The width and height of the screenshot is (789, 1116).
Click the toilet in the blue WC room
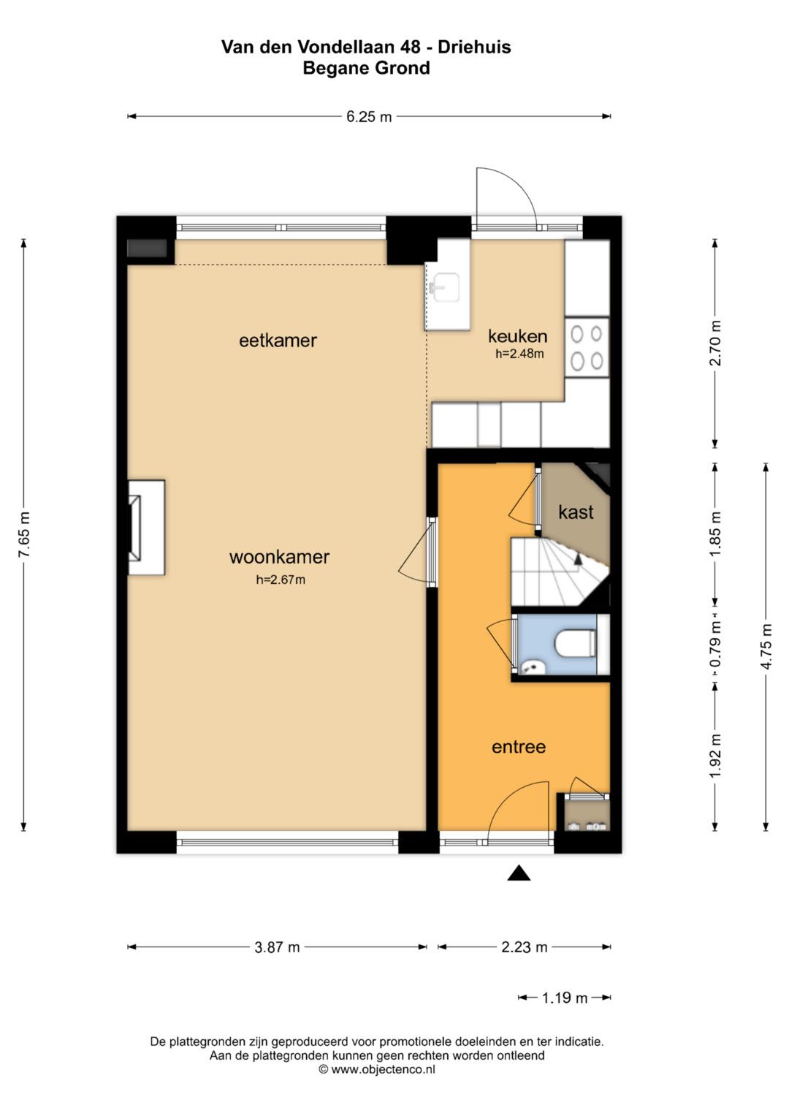[x=576, y=643]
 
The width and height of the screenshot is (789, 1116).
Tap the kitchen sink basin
[x=446, y=286]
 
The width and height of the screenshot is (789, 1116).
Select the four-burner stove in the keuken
[x=587, y=346]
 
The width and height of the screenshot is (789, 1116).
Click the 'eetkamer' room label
[x=278, y=341]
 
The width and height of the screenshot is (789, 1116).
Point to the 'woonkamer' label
[x=279, y=557]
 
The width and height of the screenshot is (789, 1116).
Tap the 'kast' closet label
[x=576, y=512]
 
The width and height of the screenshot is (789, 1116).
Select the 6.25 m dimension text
[x=369, y=117]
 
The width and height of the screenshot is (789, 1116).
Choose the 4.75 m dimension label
[x=766, y=646]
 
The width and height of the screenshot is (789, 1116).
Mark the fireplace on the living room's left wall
[x=146, y=528]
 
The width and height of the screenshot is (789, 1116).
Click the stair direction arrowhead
[x=578, y=558]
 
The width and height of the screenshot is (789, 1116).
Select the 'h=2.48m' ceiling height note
[x=519, y=354]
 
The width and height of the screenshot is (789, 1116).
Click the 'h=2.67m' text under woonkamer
[x=281, y=580]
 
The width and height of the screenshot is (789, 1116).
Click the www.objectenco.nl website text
[x=383, y=1069]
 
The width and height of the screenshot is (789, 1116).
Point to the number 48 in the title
[x=409, y=47]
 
